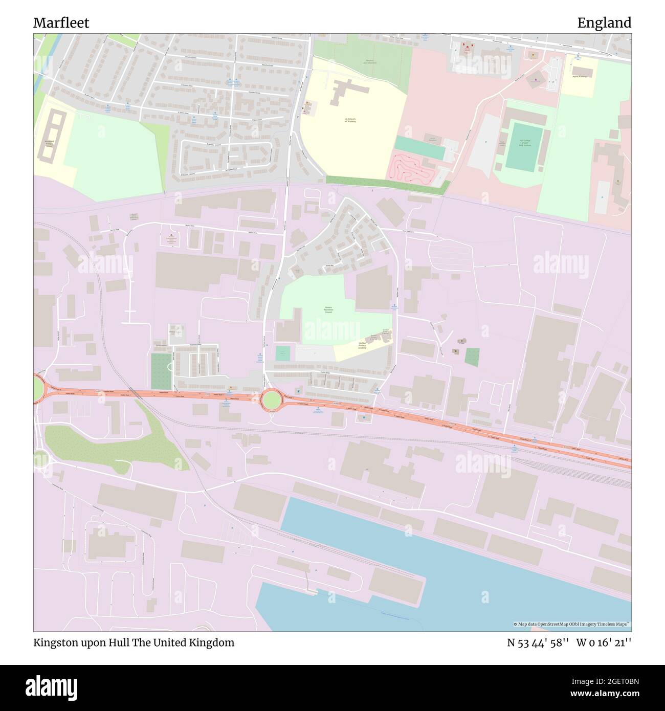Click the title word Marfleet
61,23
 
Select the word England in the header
604,23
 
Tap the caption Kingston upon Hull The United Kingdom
134,642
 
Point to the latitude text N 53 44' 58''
538,642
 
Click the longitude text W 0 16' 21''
604,642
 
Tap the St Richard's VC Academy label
350,121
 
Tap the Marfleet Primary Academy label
362,346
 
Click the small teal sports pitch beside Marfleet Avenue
282,353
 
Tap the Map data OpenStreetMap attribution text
572,624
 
